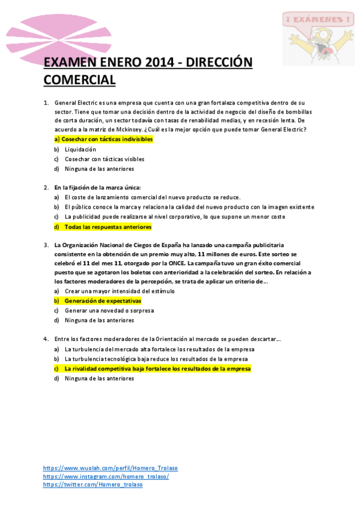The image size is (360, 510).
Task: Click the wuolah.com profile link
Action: pyautogui.click(x=111, y=468)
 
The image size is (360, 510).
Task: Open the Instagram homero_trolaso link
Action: pyautogui.click(x=106, y=476)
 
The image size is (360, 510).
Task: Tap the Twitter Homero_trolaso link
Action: pyautogui.click(x=93, y=485)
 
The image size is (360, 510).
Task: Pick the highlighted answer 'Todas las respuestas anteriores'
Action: pyautogui.click(x=108, y=227)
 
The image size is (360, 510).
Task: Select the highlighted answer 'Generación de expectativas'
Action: pyautogui.click(x=102, y=300)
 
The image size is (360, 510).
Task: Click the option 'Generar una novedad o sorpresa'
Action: pyautogui.click(x=109, y=310)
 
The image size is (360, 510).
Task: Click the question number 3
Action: pyautogui.click(x=46, y=245)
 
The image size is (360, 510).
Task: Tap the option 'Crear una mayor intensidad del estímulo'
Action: pyautogui.click(x=120, y=290)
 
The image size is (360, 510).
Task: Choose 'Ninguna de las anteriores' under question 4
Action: pyautogui.click(x=99, y=379)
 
